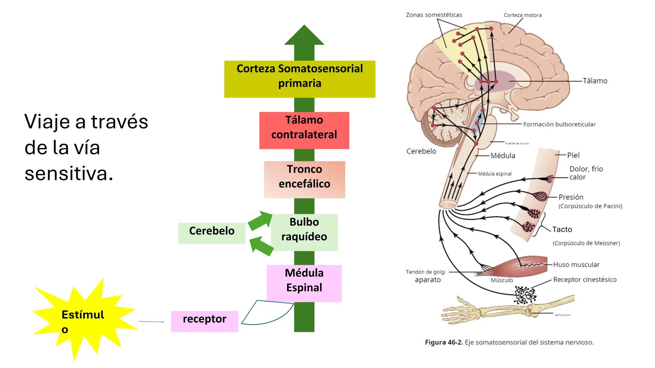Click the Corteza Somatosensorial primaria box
click(299, 79)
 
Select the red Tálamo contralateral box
click(304, 130)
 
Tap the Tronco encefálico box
click(304, 180)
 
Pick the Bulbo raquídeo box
click(304, 232)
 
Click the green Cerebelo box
click(212, 233)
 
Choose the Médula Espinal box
click(304, 283)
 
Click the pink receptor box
click(204, 321)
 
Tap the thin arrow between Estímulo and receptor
click(151, 321)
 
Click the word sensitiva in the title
click(69, 174)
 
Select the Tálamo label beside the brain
click(595, 81)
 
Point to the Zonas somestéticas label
click(434, 15)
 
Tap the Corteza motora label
click(522, 15)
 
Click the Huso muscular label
click(576, 264)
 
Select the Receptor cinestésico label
click(585, 279)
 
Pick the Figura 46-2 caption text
click(509, 342)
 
